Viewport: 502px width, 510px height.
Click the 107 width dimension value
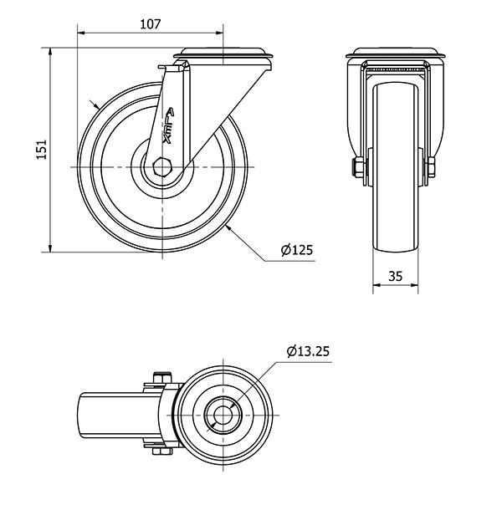(150, 23)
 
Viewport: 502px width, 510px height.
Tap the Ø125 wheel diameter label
(296, 249)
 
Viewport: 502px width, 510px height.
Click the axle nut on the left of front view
(358, 168)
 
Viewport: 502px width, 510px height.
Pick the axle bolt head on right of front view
(432, 168)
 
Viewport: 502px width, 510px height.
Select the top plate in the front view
(395, 56)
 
